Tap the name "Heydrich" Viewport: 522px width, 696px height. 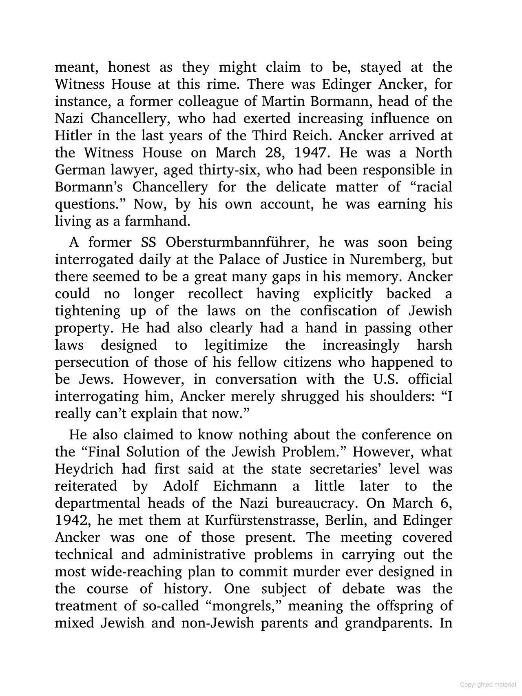(x=84, y=469)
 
